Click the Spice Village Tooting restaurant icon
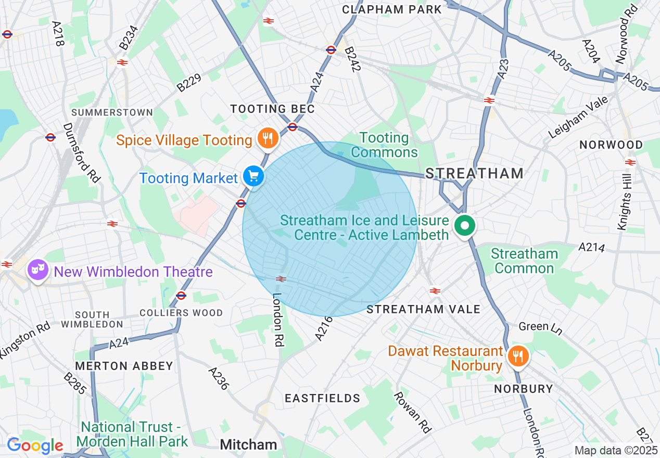(268, 139)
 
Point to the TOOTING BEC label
(273, 109)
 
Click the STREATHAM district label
(474, 173)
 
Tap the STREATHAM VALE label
(423, 309)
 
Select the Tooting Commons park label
(384, 145)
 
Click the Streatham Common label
(524, 261)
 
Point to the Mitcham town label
(248, 444)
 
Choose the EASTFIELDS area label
(322, 398)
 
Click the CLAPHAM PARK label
(392, 9)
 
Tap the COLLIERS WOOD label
(181, 313)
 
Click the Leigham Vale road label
(578, 120)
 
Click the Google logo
(34, 446)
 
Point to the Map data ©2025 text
(616, 450)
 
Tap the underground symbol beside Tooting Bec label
(293, 126)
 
